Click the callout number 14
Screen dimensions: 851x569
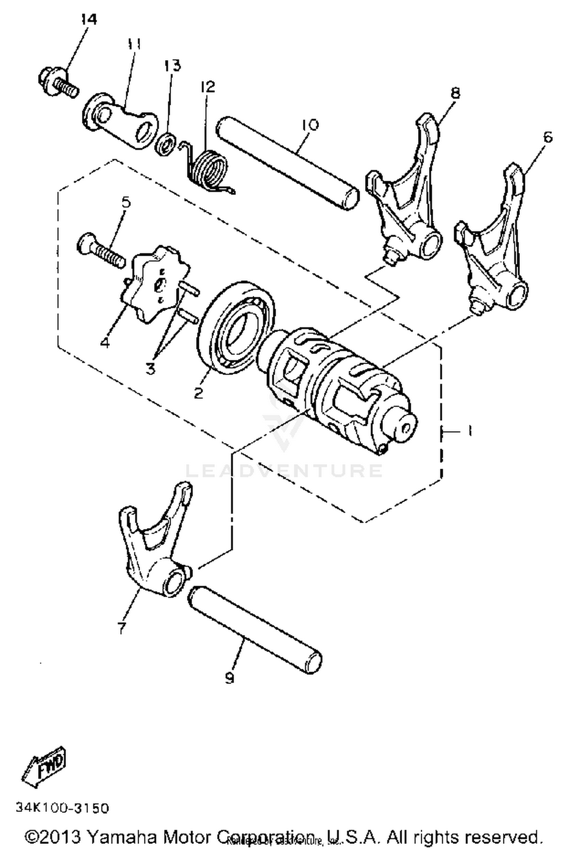(x=89, y=19)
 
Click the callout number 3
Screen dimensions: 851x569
(x=151, y=367)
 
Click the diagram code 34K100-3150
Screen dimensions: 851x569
(x=62, y=808)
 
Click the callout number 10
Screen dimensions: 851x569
(x=310, y=124)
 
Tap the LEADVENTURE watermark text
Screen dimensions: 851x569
(x=284, y=471)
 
